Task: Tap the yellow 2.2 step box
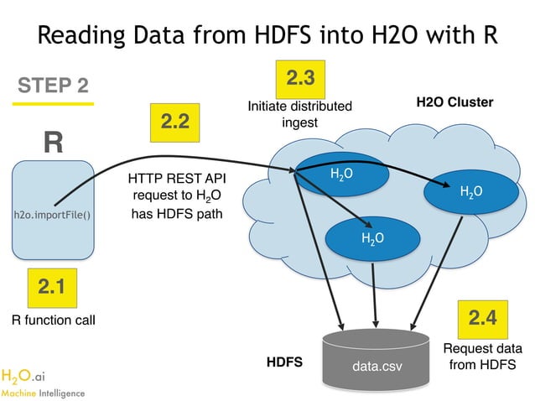click(x=174, y=122)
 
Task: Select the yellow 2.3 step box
click(x=300, y=79)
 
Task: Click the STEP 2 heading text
click(x=53, y=86)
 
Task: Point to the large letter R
click(x=53, y=142)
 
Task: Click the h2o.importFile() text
click(x=52, y=215)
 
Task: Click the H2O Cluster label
click(x=454, y=102)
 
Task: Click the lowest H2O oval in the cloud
click(x=372, y=238)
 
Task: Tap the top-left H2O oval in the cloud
click(x=340, y=174)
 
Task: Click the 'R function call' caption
click(x=54, y=320)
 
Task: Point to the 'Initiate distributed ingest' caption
click(x=299, y=115)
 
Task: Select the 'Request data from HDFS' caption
click(x=482, y=356)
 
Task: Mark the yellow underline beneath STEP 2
click(x=53, y=103)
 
